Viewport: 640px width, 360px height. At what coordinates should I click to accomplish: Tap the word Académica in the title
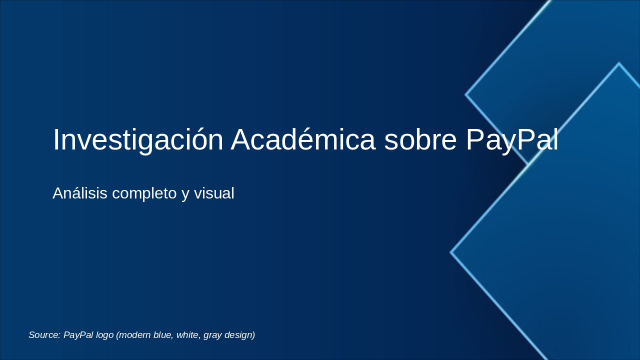[303, 140]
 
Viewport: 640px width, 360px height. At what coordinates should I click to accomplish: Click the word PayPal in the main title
[512, 140]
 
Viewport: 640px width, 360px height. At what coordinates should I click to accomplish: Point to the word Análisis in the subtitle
[80, 193]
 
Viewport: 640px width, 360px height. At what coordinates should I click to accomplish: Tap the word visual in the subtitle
[214, 193]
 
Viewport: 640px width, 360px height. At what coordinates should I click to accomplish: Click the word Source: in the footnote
[44, 335]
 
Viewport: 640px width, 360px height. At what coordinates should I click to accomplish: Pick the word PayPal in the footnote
[78, 335]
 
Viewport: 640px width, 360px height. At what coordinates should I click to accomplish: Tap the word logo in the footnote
[104, 335]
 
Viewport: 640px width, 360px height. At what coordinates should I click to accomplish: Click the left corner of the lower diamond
[451, 252]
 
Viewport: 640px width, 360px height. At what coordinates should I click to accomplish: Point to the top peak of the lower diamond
[618, 63]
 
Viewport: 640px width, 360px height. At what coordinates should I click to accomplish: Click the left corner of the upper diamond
[466, 94]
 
